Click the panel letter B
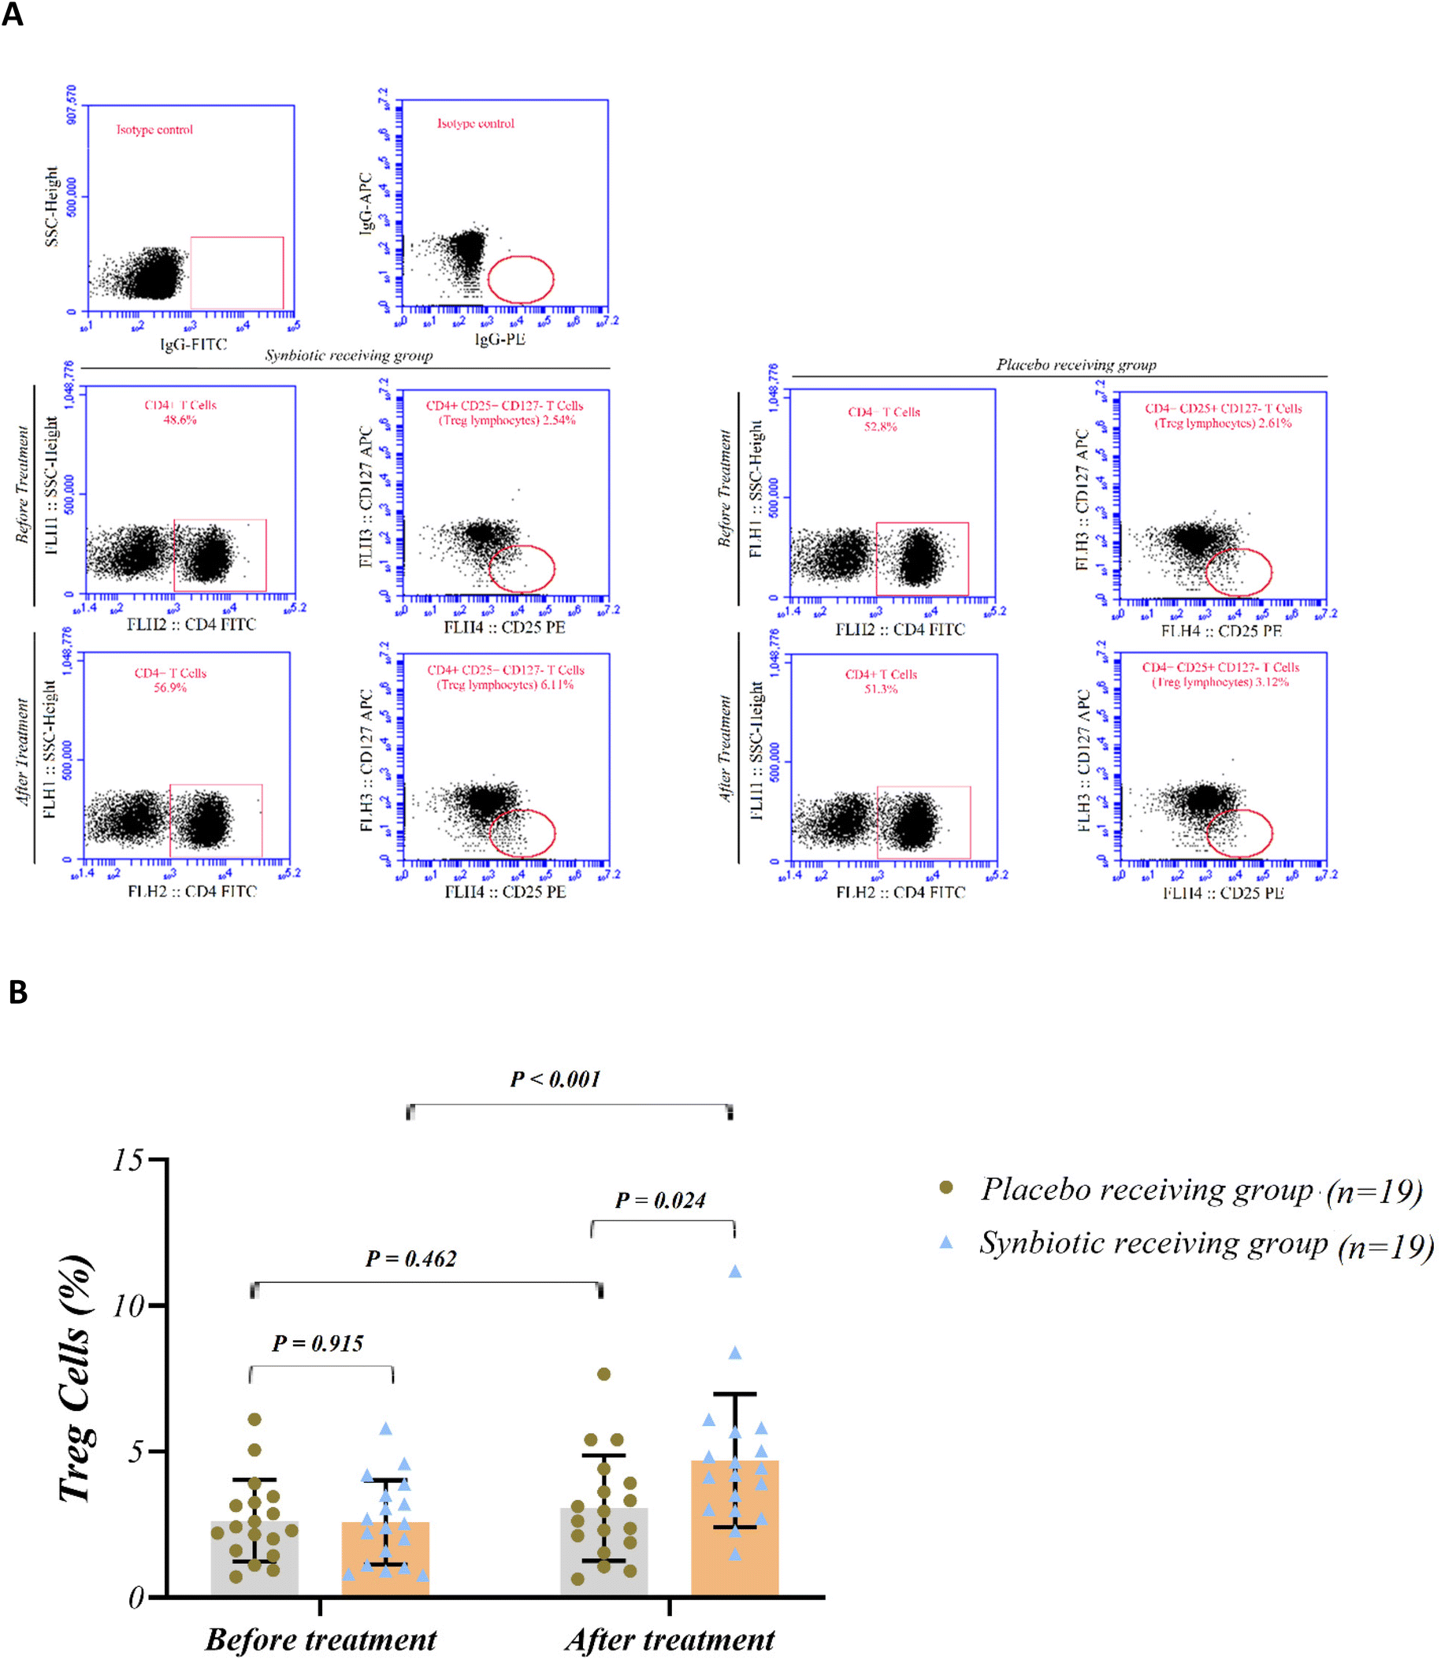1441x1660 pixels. [17, 993]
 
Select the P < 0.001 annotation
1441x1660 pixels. [555, 1079]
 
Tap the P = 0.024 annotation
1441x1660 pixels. [660, 1201]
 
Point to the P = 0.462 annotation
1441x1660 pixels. [411, 1259]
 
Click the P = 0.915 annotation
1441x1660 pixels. [318, 1343]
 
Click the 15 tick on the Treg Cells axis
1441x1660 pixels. [128, 1160]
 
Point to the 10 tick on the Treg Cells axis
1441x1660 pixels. [128, 1305]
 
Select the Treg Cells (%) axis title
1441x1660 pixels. [76, 1379]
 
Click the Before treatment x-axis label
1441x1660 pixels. [321, 1639]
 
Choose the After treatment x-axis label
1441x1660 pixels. [670, 1639]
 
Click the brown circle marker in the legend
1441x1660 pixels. [946, 1188]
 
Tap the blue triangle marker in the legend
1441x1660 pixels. [946, 1242]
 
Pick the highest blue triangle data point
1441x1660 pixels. [735, 1272]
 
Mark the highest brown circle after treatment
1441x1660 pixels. [604, 1374]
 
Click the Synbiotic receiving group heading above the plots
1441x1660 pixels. [349, 355]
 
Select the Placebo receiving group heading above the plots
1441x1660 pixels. [1077, 365]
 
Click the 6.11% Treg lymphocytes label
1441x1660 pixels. [505, 685]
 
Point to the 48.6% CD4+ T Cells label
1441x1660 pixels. [180, 420]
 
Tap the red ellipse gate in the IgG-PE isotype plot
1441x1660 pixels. [521, 279]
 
